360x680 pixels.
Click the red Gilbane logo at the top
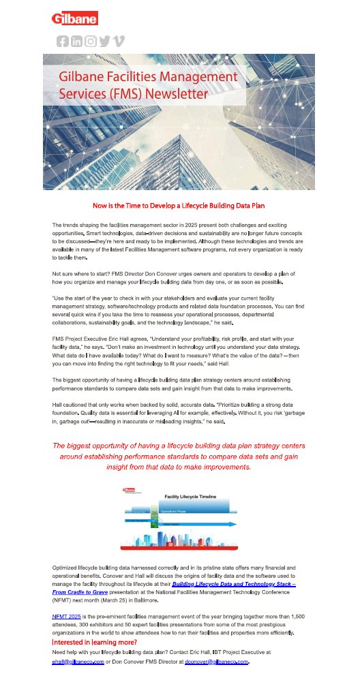click(75, 18)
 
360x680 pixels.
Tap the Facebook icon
click(62, 41)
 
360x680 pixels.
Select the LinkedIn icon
click(76, 41)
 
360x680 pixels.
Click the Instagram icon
click(90, 41)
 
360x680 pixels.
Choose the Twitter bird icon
click(104, 41)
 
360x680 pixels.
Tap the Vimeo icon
click(119, 41)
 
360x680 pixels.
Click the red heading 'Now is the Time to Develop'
click(179, 204)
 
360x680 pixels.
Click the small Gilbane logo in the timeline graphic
click(128, 489)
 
